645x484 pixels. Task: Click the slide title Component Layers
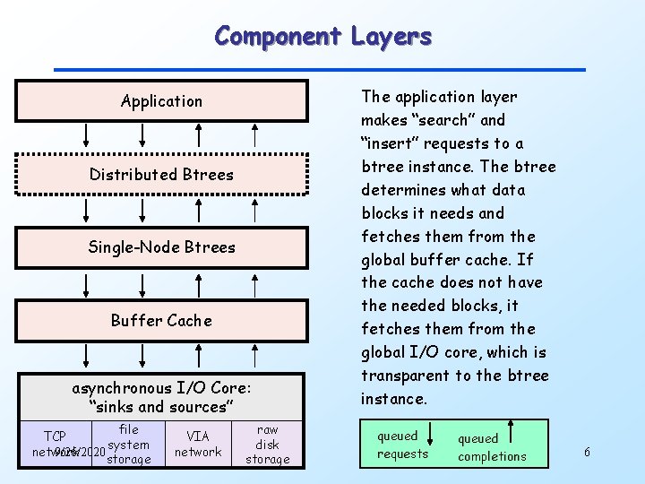pyautogui.click(x=322, y=37)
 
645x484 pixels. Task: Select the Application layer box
pyautogui.click(x=161, y=101)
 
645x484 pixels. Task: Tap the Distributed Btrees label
pyautogui.click(x=161, y=175)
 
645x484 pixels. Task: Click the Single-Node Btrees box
pyautogui.click(x=161, y=247)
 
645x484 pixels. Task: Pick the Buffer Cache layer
pyautogui.click(x=161, y=321)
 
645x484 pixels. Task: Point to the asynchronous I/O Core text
pyautogui.click(x=161, y=388)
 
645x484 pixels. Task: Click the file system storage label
pyautogui.click(x=128, y=445)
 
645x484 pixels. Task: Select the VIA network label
pyautogui.click(x=197, y=444)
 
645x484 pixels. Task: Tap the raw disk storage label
pyautogui.click(x=267, y=445)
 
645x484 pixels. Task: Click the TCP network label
pyautogui.click(x=56, y=445)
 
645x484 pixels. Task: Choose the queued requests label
pyautogui.click(x=402, y=445)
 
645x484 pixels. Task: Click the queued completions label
pyautogui.click(x=492, y=447)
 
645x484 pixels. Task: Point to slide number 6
pyautogui.click(x=587, y=452)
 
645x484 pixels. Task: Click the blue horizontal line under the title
pyautogui.click(x=319, y=69)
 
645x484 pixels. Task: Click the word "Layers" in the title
pyautogui.click(x=391, y=37)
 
